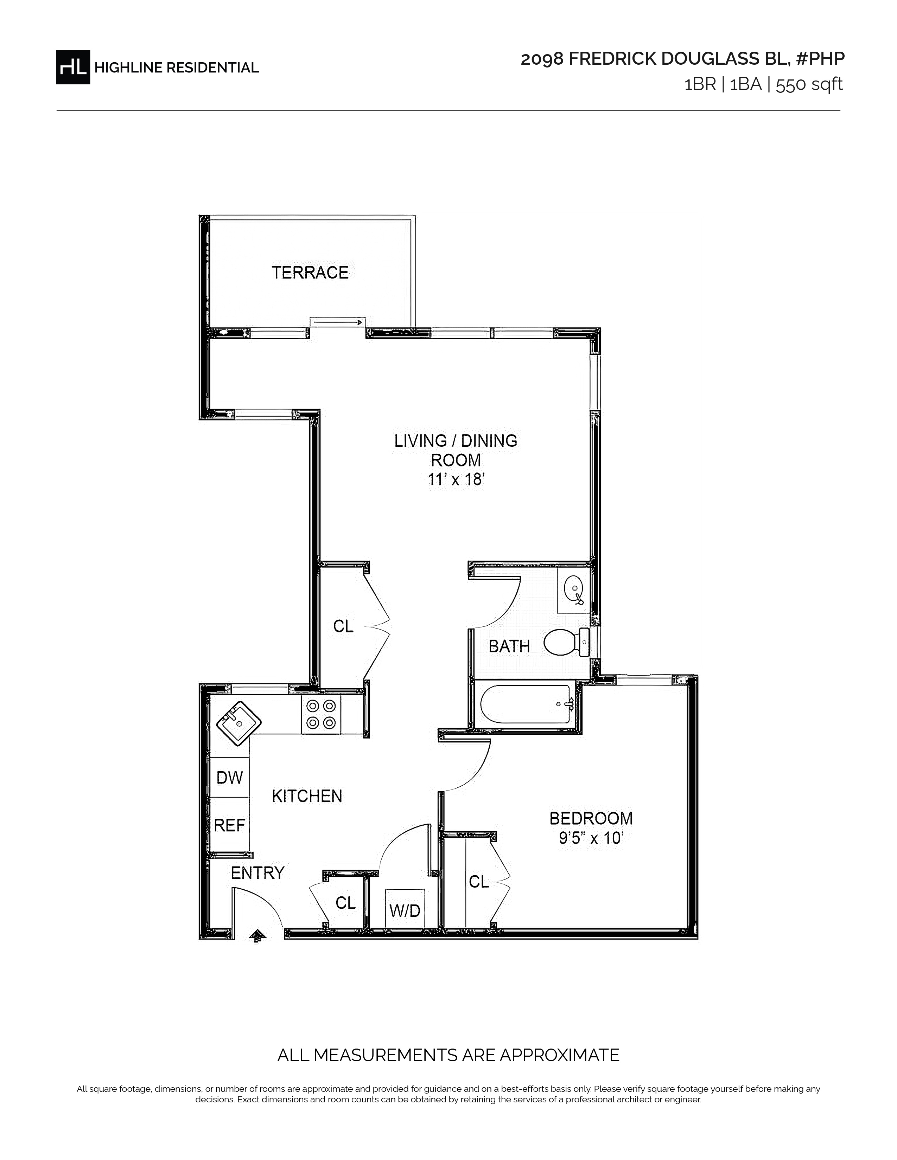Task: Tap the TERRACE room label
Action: click(310, 272)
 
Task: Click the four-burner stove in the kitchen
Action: click(321, 714)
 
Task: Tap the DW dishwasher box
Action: click(230, 777)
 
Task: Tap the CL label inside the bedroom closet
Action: click(478, 882)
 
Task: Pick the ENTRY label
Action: click(258, 873)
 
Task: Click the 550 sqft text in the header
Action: click(809, 84)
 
